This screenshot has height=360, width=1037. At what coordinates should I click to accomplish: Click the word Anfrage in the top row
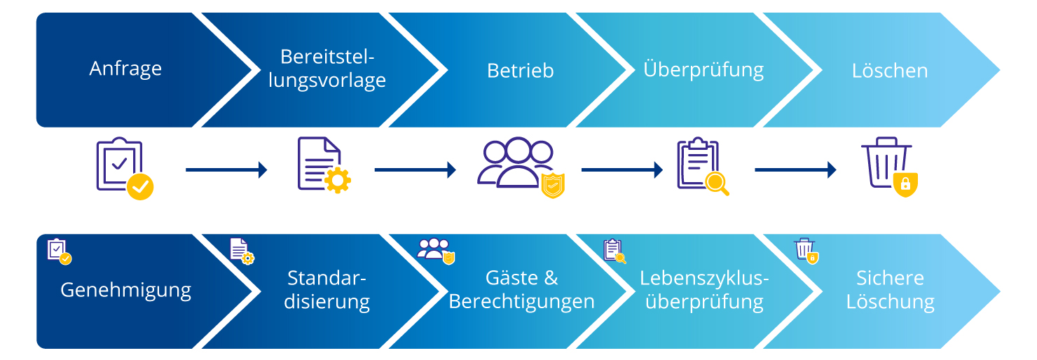tap(125, 69)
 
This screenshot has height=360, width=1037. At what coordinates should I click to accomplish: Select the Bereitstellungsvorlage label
tap(333, 69)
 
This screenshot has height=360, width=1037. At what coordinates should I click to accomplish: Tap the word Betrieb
tap(521, 71)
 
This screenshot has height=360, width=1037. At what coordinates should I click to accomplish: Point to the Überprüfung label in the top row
tap(703, 69)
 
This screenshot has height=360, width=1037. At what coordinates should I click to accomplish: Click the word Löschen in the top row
tap(890, 71)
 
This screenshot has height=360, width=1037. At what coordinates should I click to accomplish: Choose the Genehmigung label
tap(125, 290)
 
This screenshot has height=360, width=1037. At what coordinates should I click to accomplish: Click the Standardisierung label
tap(327, 290)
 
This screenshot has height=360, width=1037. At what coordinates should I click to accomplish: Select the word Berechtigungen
tap(521, 302)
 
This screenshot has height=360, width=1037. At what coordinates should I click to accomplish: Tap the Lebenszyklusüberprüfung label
tap(704, 290)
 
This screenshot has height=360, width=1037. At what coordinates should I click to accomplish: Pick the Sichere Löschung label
tap(890, 290)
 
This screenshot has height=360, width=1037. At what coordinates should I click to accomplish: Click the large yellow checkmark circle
tap(140, 186)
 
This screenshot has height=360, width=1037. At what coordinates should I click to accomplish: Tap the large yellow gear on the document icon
tap(338, 180)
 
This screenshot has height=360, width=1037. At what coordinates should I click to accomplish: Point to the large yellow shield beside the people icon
tap(553, 186)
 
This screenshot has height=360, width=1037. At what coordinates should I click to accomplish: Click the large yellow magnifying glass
tap(717, 184)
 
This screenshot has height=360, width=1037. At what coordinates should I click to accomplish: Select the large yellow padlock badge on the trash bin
tap(905, 184)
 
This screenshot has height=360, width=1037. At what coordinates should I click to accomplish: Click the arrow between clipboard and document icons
tap(226, 169)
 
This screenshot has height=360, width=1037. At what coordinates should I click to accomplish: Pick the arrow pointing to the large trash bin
tap(795, 169)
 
